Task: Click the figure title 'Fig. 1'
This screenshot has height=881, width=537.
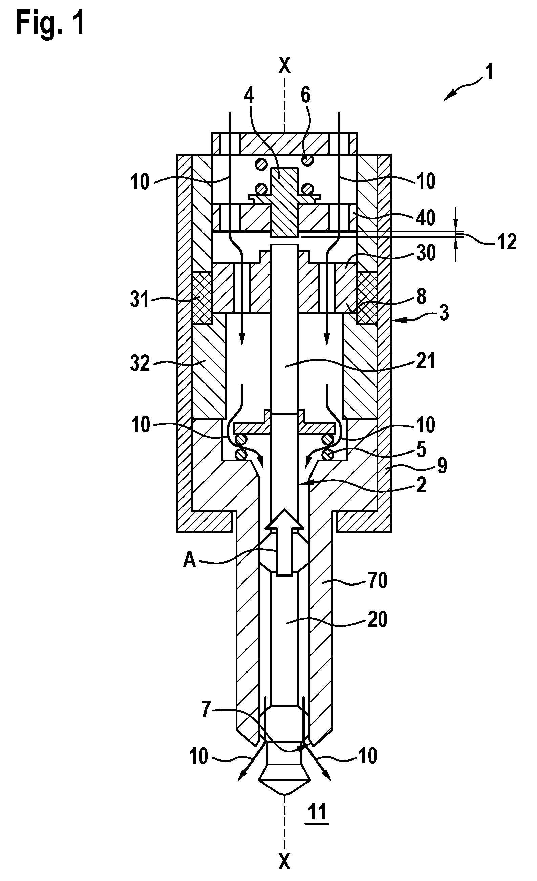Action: pyautogui.click(x=50, y=22)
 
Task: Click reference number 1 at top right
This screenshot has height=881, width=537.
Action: pyautogui.click(x=488, y=71)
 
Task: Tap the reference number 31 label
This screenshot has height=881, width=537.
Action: pyautogui.click(x=139, y=299)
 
